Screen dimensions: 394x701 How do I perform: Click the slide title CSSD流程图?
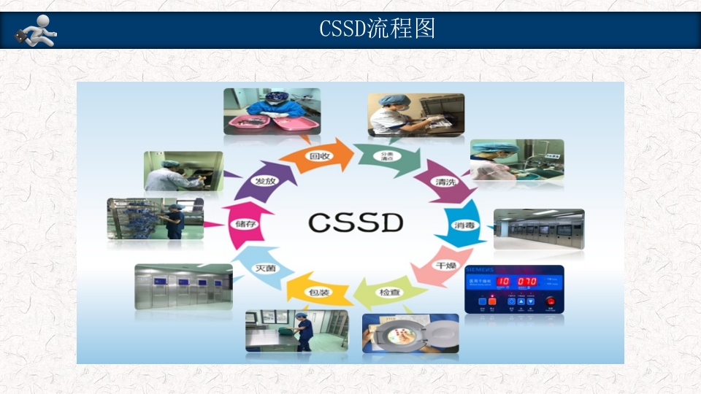pyautogui.click(x=377, y=28)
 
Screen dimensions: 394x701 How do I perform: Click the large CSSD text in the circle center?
pyautogui.click(x=355, y=222)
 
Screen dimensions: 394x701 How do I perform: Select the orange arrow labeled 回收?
pyautogui.click(x=318, y=156)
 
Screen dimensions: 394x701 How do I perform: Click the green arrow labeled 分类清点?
pyautogui.click(x=386, y=158)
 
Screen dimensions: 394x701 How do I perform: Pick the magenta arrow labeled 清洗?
pyautogui.click(x=443, y=181)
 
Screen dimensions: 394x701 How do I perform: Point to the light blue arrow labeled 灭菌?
pyautogui.click(x=264, y=268)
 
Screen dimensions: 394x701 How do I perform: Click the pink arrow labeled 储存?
pyautogui.click(x=242, y=224)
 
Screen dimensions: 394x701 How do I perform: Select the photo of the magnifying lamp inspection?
pyautogui.click(x=410, y=333)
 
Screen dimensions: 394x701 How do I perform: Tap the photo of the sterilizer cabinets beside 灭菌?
pyautogui.click(x=183, y=286)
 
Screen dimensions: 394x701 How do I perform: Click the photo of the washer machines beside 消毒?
pyautogui.click(x=538, y=229)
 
